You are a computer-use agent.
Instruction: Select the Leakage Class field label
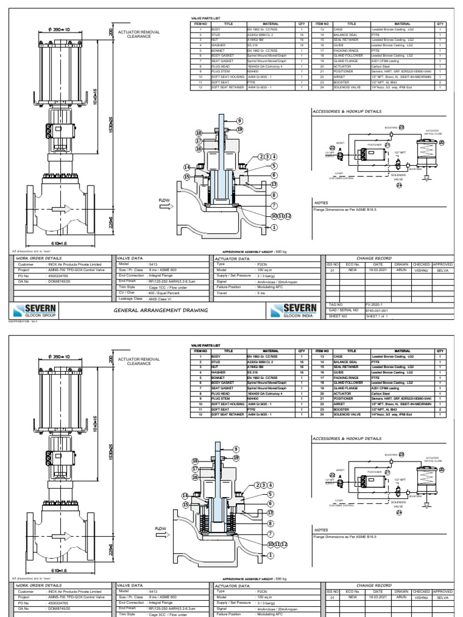131,298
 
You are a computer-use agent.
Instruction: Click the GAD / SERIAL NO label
341,310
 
